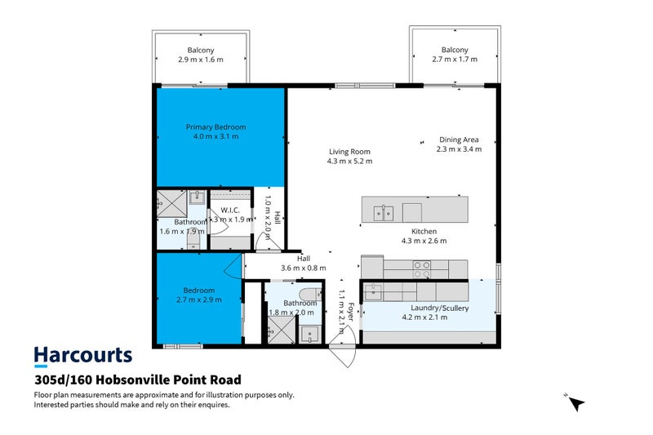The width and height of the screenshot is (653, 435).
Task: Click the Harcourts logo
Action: pyautogui.click(x=83, y=357)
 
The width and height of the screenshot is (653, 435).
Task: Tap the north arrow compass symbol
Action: pyautogui.click(x=576, y=402)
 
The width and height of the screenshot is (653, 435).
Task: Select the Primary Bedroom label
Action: pyautogui.click(x=215, y=127)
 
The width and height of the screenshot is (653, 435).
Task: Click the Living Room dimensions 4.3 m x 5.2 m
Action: pyautogui.click(x=350, y=161)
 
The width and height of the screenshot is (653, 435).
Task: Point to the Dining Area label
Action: pyautogui.click(x=459, y=140)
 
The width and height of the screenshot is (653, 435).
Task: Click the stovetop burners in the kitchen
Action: pyautogui.click(x=421, y=269)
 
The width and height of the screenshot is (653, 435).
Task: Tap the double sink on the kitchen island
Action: pyautogui.click(x=383, y=214)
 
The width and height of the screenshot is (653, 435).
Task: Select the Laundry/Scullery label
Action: pyautogui.click(x=440, y=308)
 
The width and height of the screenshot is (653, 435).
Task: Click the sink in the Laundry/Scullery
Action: pyautogui.click(x=373, y=292)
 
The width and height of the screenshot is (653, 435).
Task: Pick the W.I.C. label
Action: pyautogui.click(x=230, y=211)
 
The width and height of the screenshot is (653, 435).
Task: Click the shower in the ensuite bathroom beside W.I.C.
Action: pyautogui.click(x=171, y=203)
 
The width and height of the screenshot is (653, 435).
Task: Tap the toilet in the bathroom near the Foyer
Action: pyautogui.click(x=310, y=295)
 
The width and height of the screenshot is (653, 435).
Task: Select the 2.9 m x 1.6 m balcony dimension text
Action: pyautogui.click(x=201, y=60)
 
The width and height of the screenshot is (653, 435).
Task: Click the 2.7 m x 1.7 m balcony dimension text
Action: pyautogui.click(x=455, y=59)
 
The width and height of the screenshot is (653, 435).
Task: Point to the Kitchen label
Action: pyautogui.click(x=424, y=232)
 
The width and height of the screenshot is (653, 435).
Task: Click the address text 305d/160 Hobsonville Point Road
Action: pyautogui.click(x=138, y=380)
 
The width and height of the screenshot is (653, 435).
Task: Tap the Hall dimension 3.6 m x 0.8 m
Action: pyautogui.click(x=303, y=268)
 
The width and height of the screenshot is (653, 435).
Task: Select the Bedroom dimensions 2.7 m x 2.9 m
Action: pyautogui.click(x=199, y=300)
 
